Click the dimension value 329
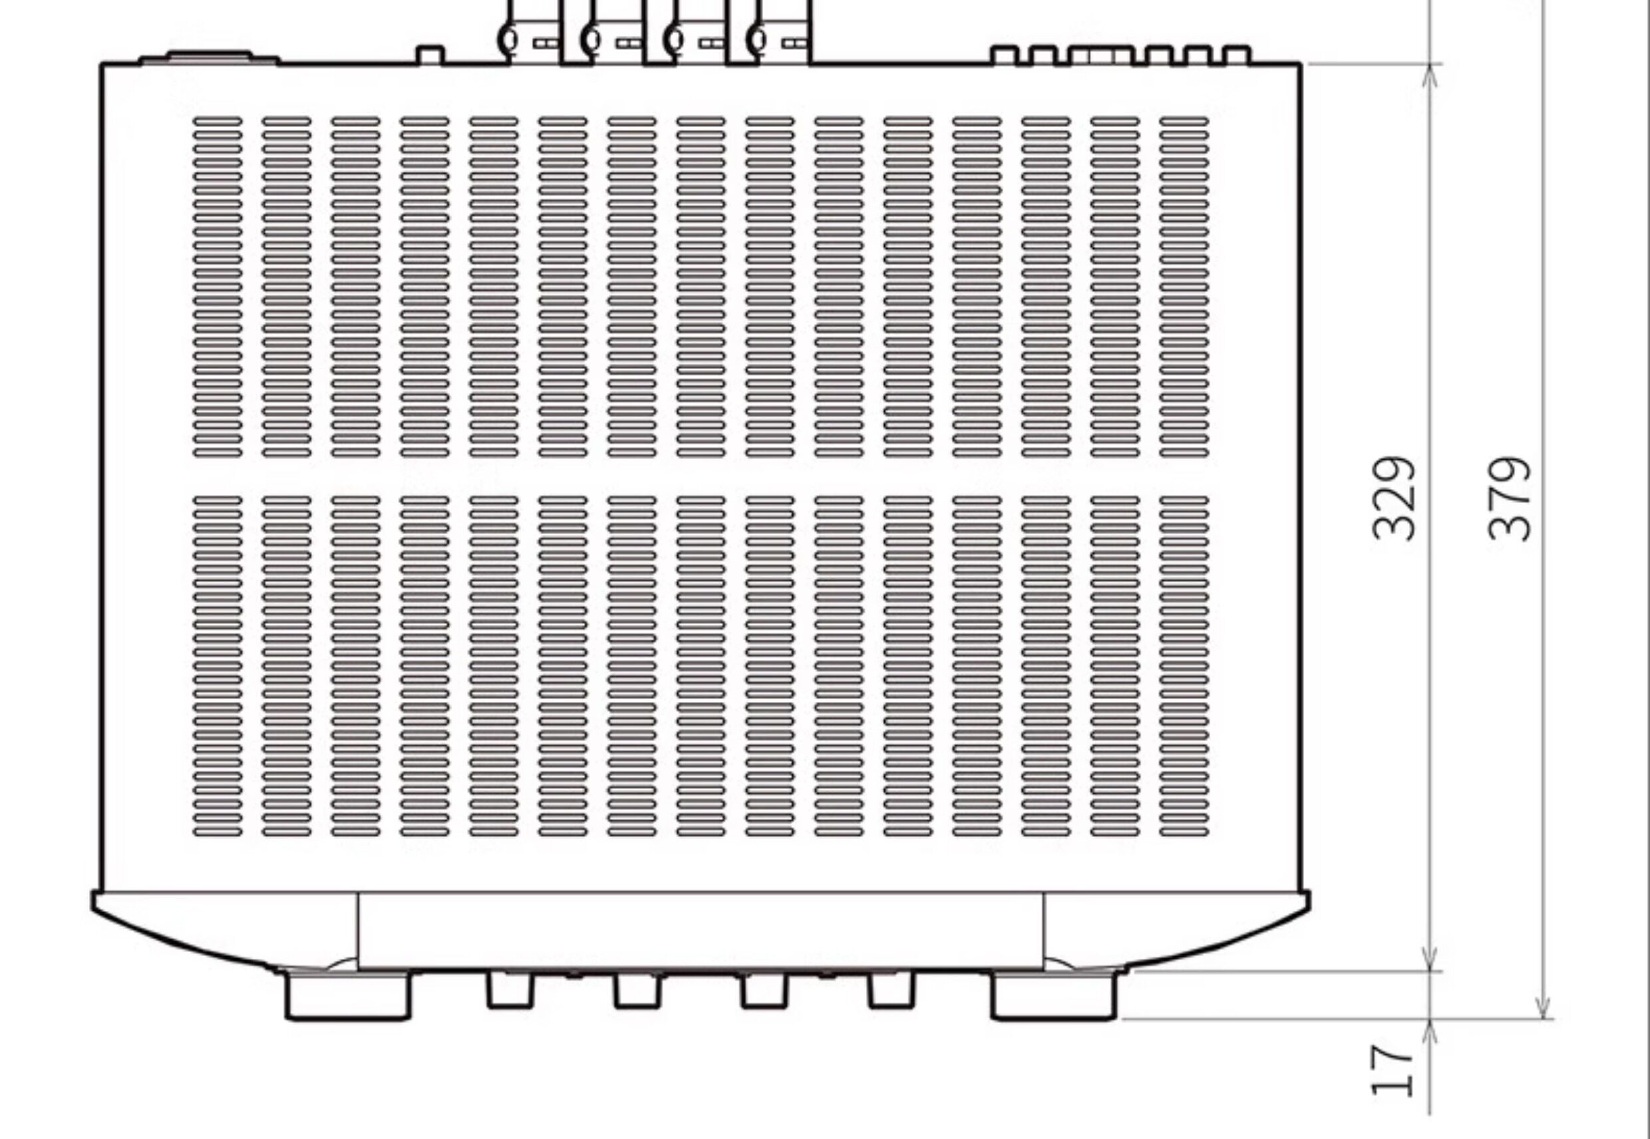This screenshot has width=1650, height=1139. (1393, 499)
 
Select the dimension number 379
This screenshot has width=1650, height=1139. (1509, 499)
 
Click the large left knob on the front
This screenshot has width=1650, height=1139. (348, 995)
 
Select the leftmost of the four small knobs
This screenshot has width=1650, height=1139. (510, 991)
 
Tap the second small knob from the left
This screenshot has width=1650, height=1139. (637, 991)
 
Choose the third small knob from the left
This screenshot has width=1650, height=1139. (764, 991)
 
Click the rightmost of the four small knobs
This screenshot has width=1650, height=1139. (890, 991)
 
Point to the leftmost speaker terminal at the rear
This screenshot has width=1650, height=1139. (535, 36)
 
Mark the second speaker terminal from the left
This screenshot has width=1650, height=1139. (618, 36)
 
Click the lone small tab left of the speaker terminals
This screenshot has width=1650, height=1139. (430, 55)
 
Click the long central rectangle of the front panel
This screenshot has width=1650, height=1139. (700, 930)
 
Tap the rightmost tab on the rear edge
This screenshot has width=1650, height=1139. (1237, 55)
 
